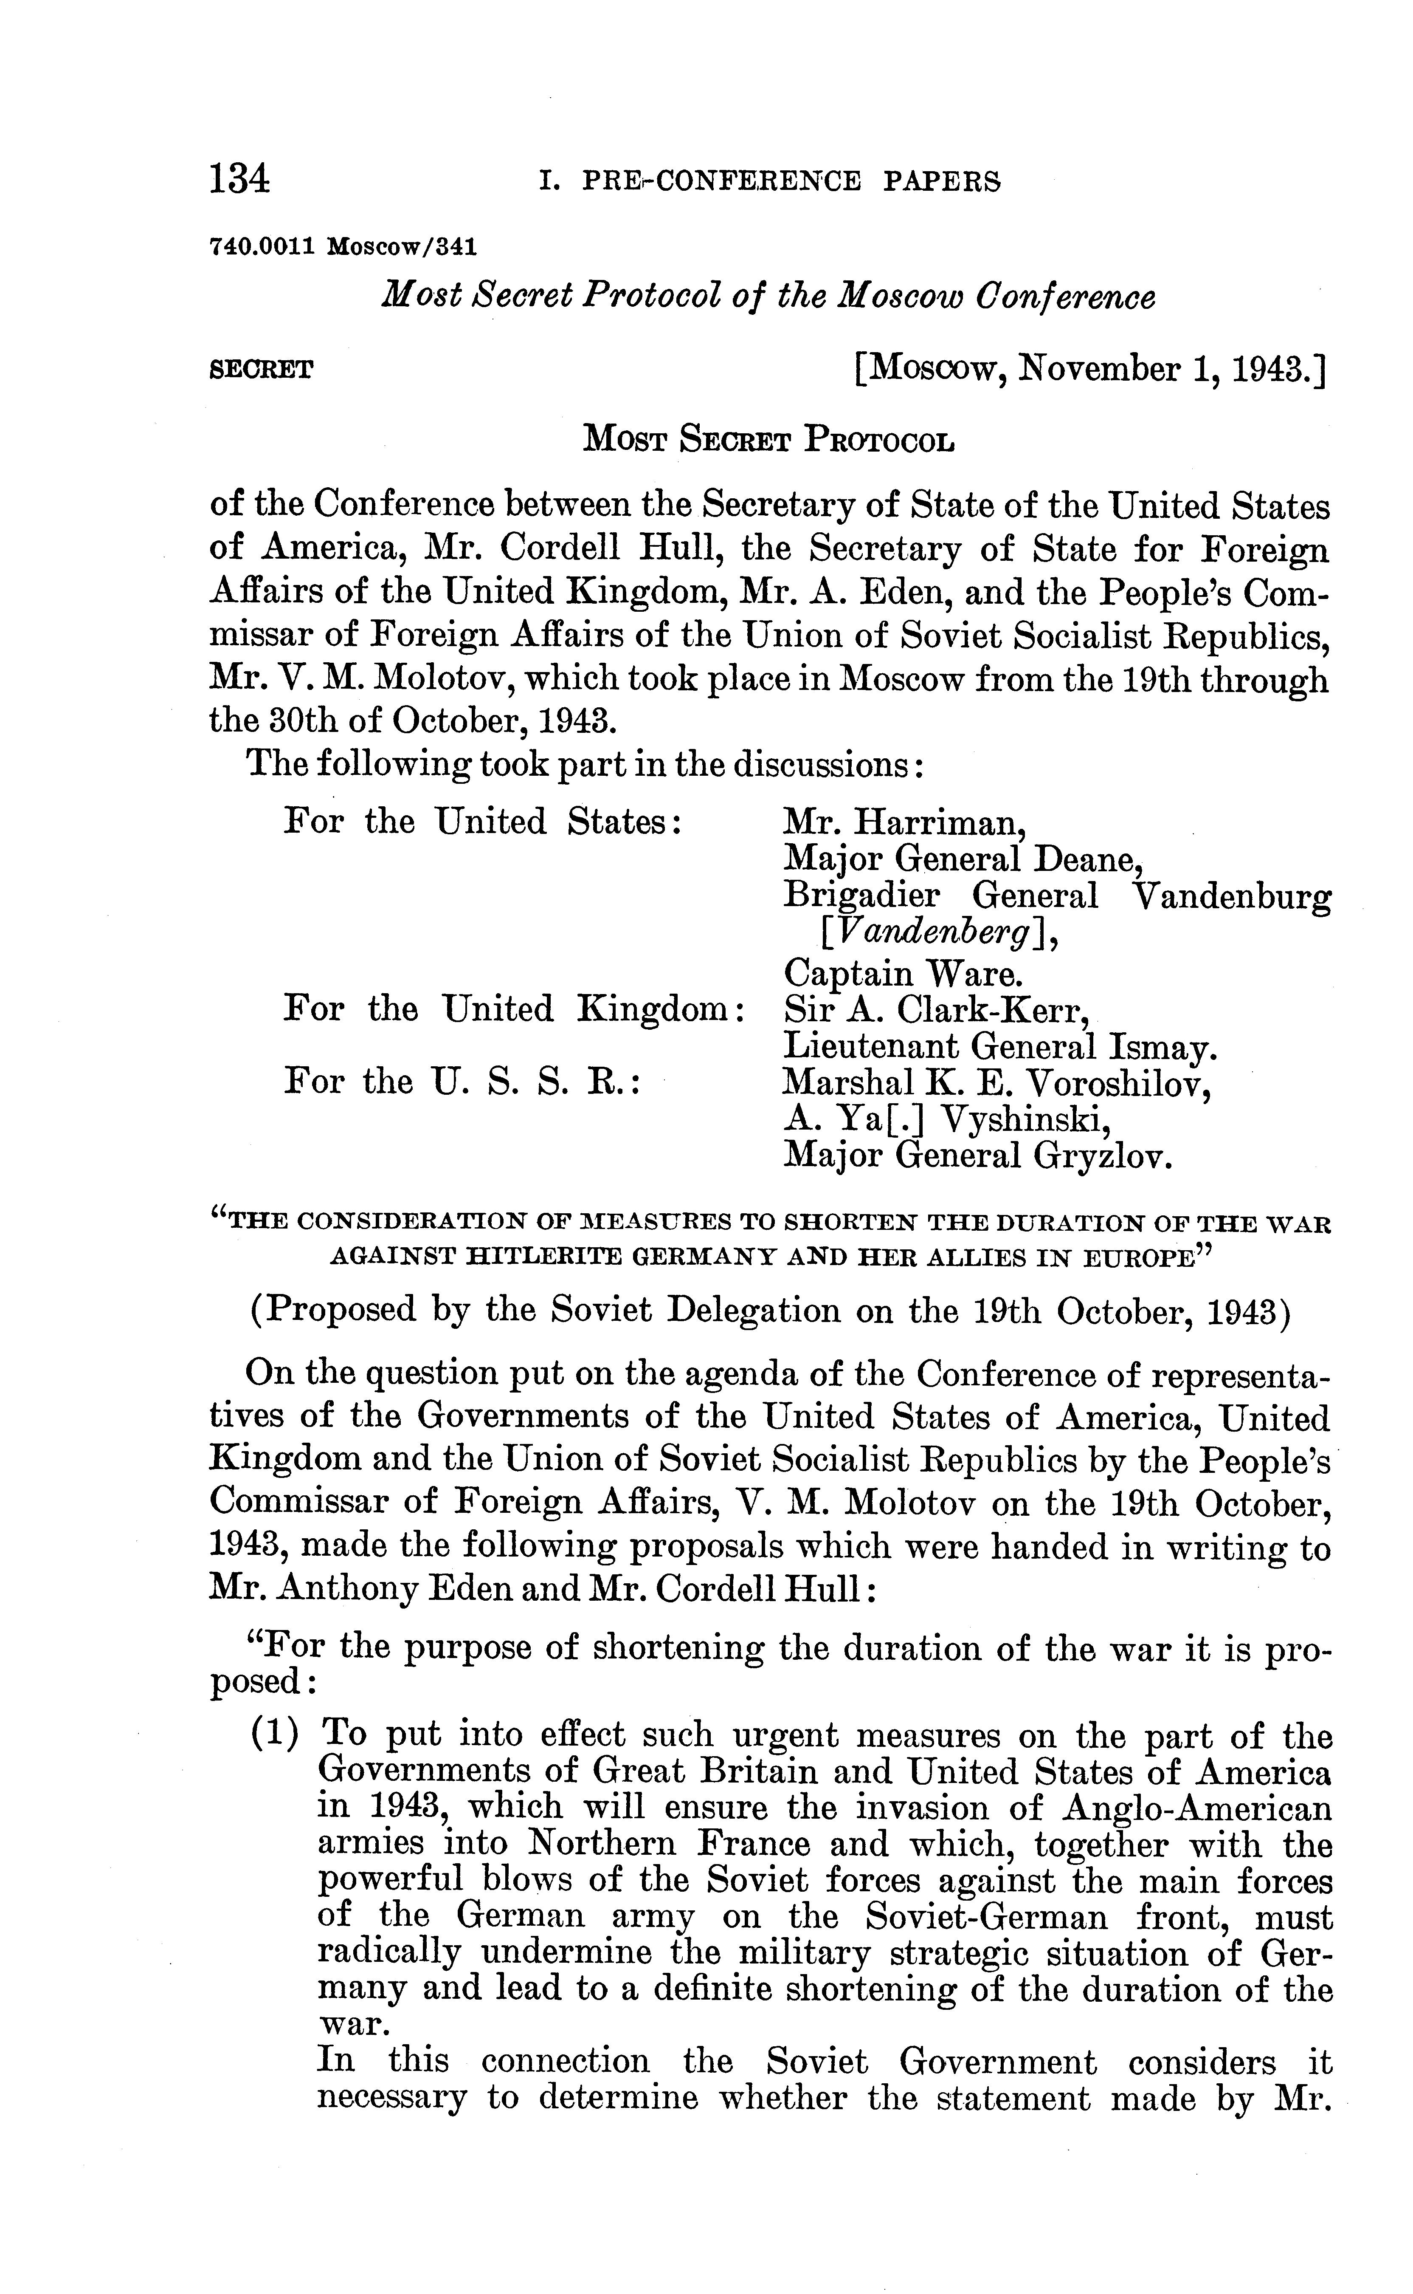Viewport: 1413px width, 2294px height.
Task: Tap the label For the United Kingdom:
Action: pos(514,1010)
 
